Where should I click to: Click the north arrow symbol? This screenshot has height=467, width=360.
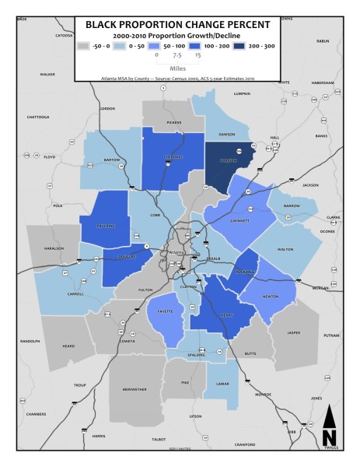(x=329, y=427)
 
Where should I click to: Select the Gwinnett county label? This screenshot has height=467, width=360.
(x=241, y=220)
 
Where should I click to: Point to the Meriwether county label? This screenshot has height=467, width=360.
(x=131, y=389)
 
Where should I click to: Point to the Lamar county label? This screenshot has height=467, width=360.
(x=222, y=384)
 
